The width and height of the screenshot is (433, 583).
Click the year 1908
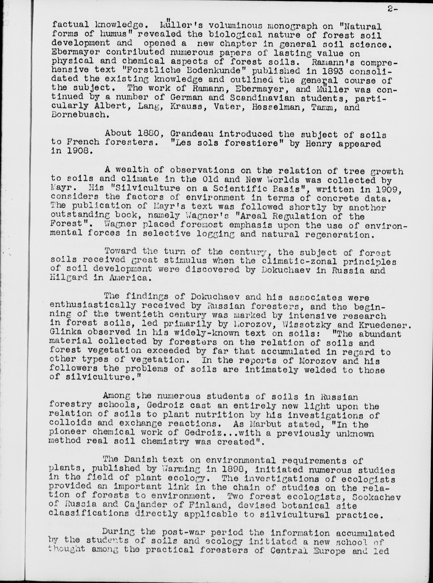coord(78,152)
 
